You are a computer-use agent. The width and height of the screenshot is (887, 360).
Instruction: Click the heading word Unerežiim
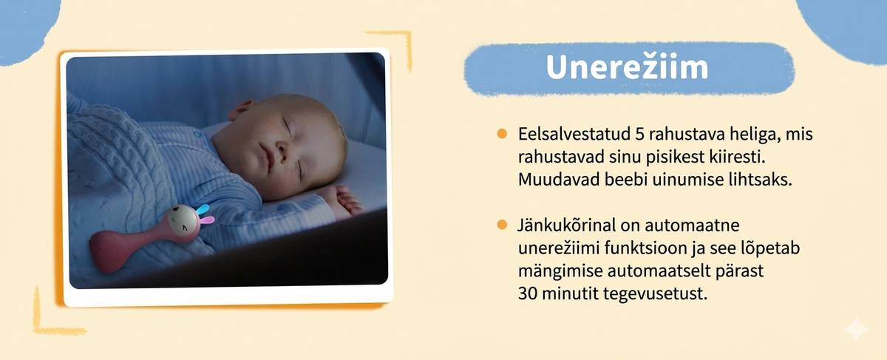click(x=627, y=67)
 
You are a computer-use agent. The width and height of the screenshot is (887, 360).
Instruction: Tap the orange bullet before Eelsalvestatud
click(x=502, y=134)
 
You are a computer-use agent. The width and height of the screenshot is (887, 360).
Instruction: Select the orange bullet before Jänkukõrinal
click(x=502, y=225)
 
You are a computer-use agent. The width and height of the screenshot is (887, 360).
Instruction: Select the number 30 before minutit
click(x=528, y=294)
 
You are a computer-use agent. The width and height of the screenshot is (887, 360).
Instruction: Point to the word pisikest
click(x=675, y=157)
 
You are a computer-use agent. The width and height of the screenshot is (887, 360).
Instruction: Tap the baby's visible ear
click(x=241, y=110)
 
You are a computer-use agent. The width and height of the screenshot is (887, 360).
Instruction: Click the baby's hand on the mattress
click(x=344, y=200)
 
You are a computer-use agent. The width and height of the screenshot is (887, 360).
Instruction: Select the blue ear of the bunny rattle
click(x=203, y=208)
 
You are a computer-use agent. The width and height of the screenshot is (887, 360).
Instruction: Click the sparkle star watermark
click(x=855, y=329)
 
